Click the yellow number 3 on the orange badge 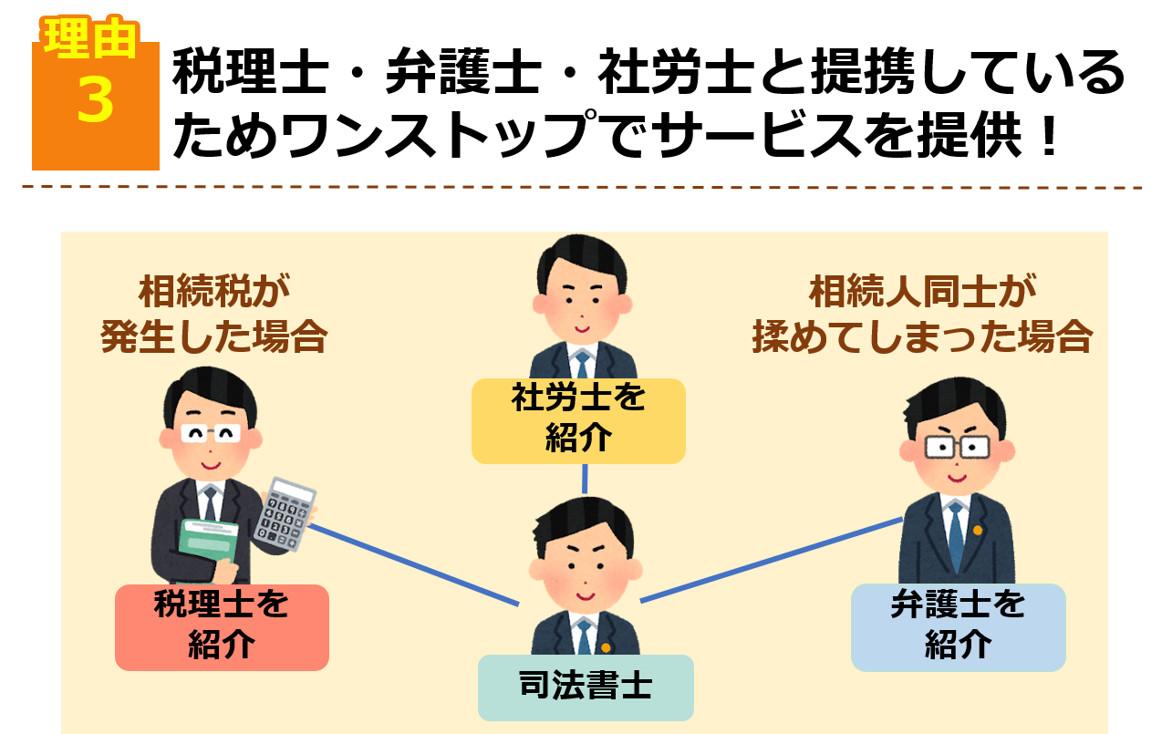(95, 100)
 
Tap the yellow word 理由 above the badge (90, 39)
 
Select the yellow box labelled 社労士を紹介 (578, 420)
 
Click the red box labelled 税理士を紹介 (222, 626)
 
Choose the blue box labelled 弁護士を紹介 (958, 626)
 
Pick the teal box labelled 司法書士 (586, 687)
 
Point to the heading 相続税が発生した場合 (213, 315)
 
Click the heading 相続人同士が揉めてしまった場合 (922, 315)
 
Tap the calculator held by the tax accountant (285, 514)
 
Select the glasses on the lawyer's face (957, 447)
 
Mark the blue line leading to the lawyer (771, 560)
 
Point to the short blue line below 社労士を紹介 (585, 479)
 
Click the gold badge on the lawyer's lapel (979, 530)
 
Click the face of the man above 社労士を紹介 (581, 296)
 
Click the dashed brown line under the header (584, 187)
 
